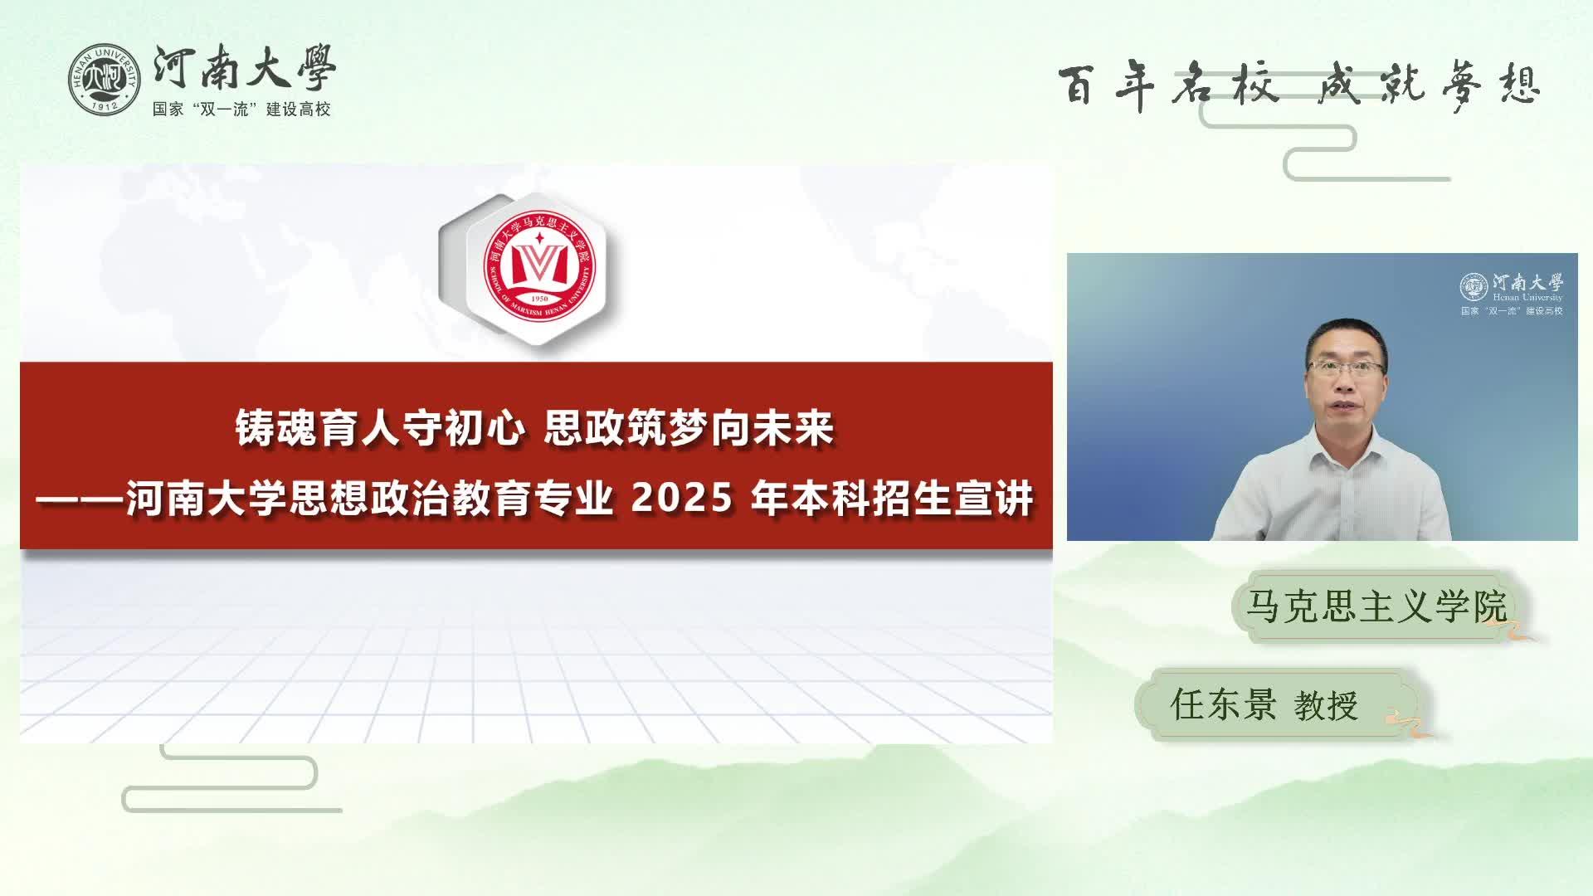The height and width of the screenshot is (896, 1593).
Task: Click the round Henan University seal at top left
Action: point(104,80)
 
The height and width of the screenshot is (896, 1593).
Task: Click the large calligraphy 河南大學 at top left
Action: point(245,67)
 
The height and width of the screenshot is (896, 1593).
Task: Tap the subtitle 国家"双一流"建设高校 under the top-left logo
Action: point(241,110)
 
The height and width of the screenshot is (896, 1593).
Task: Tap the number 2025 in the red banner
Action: point(682,499)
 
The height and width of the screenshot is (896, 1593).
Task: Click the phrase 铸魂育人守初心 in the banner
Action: point(380,429)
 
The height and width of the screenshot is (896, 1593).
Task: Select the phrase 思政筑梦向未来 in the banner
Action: point(689,429)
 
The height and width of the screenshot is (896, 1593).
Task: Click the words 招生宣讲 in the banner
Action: point(953,499)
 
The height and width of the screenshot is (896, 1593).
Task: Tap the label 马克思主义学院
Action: point(1376,606)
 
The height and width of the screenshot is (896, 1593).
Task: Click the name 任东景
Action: point(1223,704)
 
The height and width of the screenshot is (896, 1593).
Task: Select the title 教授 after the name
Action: point(1326,706)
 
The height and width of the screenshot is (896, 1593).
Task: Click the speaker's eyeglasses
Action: point(1346,367)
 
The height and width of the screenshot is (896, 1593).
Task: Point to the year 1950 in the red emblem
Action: point(539,299)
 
